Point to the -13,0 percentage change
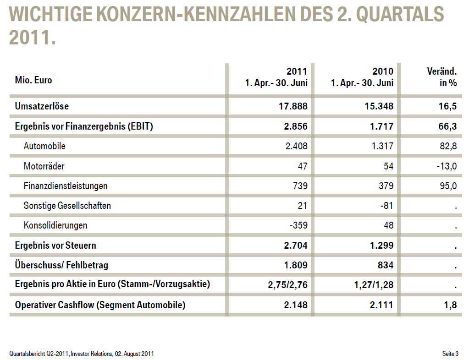click(x=446, y=166)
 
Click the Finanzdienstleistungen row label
click(x=66, y=186)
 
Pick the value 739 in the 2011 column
click(x=299, y=186)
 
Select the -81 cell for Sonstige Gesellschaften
click(x=387, y=206)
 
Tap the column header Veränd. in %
click(x=442, y=77)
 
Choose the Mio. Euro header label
click(x=33, y=80)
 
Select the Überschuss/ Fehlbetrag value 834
click(x=385, y=265)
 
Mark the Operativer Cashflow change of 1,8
click(x=451, y=305)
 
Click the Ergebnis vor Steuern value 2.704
click(x=296, y=245)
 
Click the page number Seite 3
click(x=450, y=354)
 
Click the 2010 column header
click(x=383, y=72)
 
